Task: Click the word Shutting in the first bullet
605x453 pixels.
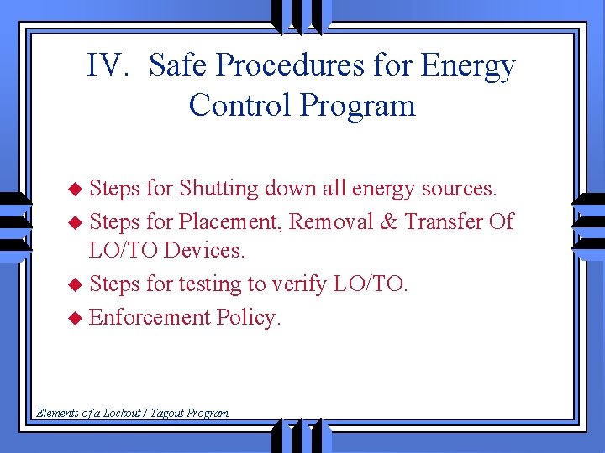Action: coord(218,190)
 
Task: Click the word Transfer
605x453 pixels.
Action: coord(443,222)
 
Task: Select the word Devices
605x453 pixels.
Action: coord(205,251)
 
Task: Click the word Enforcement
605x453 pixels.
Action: coord(149,318)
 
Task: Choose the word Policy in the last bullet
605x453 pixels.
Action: coord(249,318)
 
